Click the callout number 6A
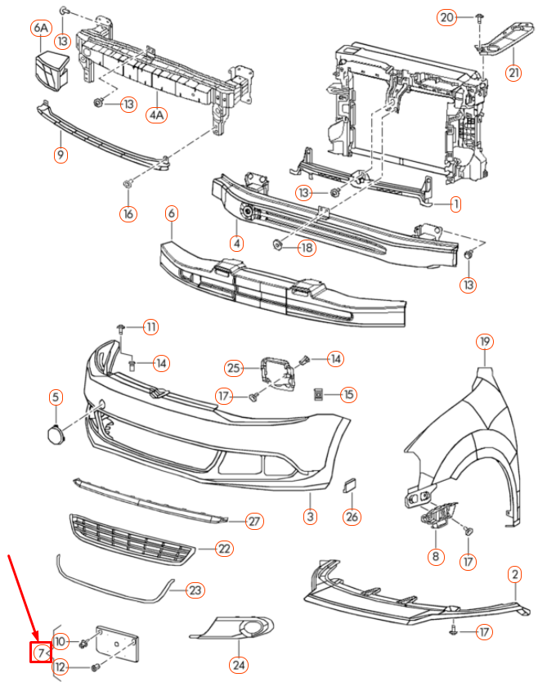coord(41,29)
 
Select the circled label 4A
coord(157,114)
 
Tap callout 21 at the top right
coord(513,73)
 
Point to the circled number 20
coord(446,17)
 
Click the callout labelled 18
coord(306,248)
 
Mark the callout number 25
coord(235,369)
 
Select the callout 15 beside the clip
coord(349,395)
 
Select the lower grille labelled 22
coord(131,540)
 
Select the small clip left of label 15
coord(320,395)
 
